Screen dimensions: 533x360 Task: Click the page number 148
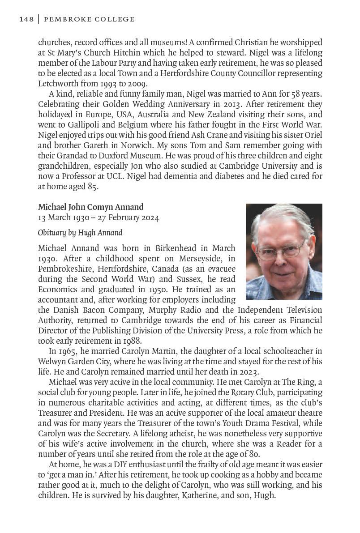pos(26,19)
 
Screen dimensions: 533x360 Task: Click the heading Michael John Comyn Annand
pos(91,207)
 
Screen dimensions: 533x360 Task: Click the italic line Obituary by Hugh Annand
pos(80,233)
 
